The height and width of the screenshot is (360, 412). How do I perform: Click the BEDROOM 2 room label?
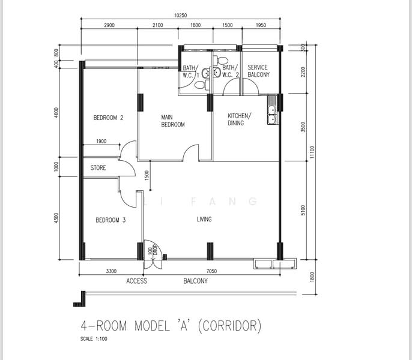[x=108, y=118]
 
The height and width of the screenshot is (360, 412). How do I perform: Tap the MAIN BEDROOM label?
[x=173, y=121]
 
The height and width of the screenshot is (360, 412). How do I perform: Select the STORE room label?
[x=98, y=167]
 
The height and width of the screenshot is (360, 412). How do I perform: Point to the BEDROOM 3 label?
[x=111, y=220]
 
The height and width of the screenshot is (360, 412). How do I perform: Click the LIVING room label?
[x=204, y=219]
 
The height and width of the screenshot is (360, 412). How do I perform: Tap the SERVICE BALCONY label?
[x=258, y=71]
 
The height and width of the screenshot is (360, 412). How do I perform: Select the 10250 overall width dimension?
[x=181, y=16]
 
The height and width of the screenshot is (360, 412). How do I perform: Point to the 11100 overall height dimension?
[x=312, y=152]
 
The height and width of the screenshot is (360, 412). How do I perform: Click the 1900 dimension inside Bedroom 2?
[x=101, y=141]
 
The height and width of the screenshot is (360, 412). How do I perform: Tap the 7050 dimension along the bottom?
[x=211, y=271]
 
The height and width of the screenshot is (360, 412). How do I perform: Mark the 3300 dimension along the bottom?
[x=111, y=271]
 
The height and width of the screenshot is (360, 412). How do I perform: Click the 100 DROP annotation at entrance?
[x=152, y=251]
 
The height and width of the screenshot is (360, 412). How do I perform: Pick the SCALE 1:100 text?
[x=94, y=339]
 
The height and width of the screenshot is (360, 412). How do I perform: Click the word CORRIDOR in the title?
[x=229, y=326]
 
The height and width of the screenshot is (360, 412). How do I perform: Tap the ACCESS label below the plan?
[x=137, y=281]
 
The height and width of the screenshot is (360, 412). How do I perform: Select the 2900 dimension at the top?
[x=109, y=25]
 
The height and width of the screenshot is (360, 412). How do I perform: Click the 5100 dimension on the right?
[x=303, y=210]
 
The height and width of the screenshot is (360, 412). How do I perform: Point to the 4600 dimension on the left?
[x=56, y=112]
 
